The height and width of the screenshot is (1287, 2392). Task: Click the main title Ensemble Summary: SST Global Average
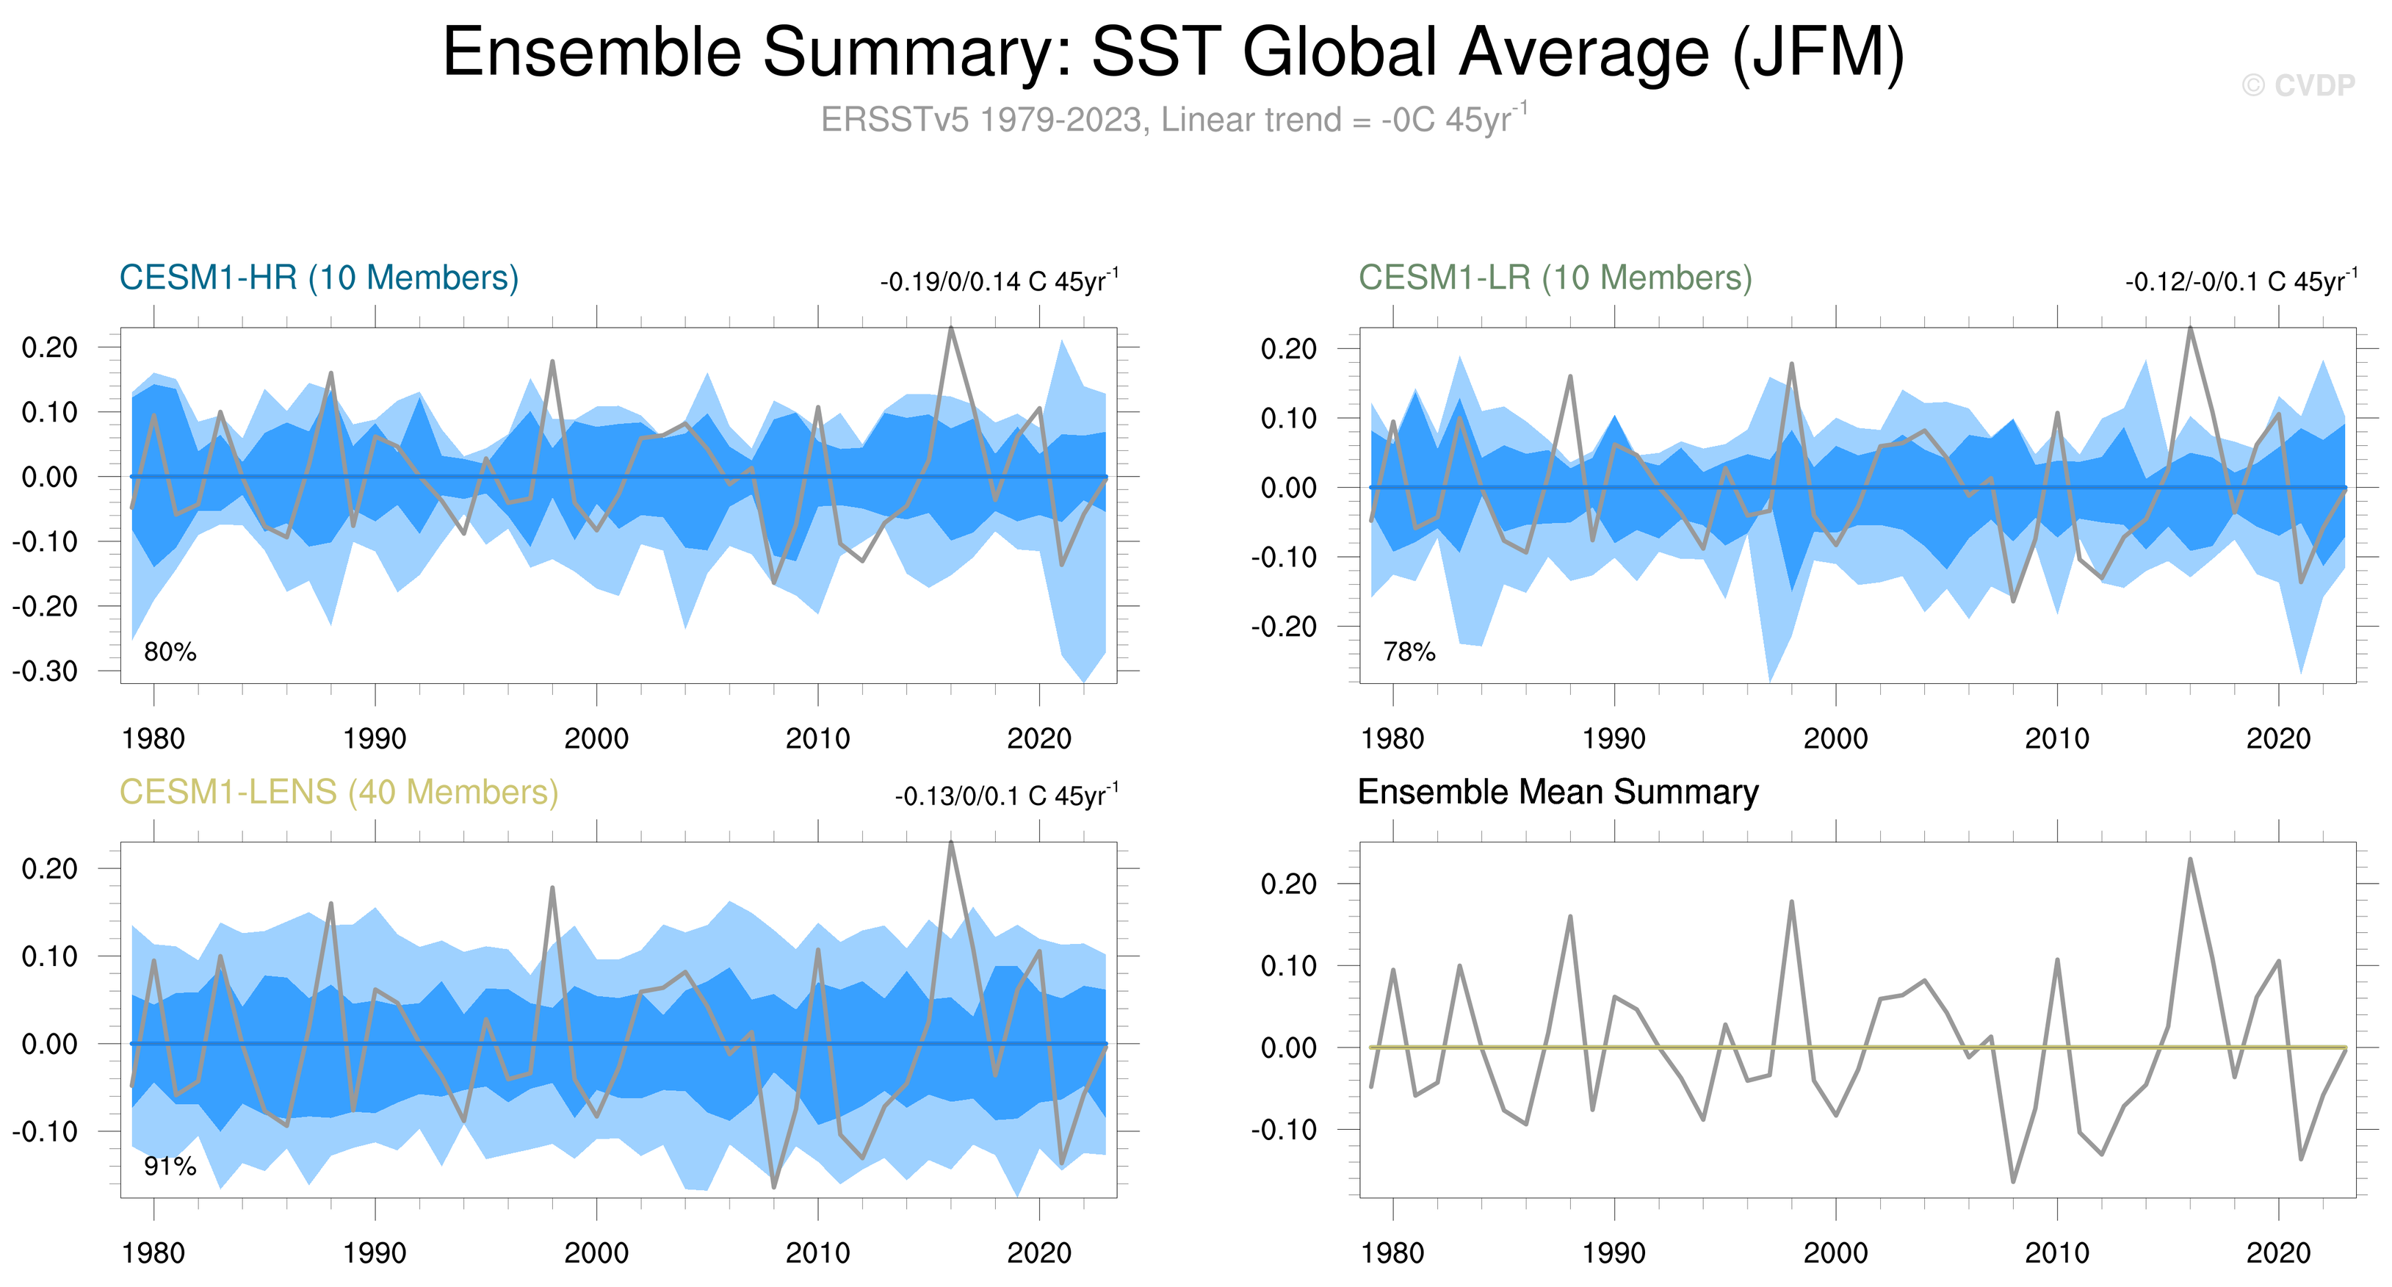tap(1173, 52)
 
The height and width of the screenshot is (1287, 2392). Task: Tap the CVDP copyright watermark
tap(2298, 85)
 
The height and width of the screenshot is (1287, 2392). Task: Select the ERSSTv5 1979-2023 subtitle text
tap(1174, 120)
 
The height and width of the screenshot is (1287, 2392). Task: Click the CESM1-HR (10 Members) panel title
tap(319, 278)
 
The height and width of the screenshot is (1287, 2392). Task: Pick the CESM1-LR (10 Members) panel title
tap(1555, 278)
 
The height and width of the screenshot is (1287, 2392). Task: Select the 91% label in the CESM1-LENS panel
tap(170, 1167)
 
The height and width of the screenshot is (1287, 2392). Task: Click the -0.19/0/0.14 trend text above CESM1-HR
tap(999, 281)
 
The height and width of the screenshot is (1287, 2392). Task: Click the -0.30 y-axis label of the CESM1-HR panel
tap(45, 671)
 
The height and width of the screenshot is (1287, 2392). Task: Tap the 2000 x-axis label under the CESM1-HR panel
tap(596, 738)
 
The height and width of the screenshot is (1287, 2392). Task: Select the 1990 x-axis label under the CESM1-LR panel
tap(1614, 738)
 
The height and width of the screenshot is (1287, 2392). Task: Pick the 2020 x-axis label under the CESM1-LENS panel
tap(1039, 1252)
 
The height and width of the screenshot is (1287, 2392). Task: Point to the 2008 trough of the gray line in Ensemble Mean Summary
tap(2013, 1181)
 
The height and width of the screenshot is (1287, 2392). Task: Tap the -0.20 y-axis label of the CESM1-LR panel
tap(1284, 627)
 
